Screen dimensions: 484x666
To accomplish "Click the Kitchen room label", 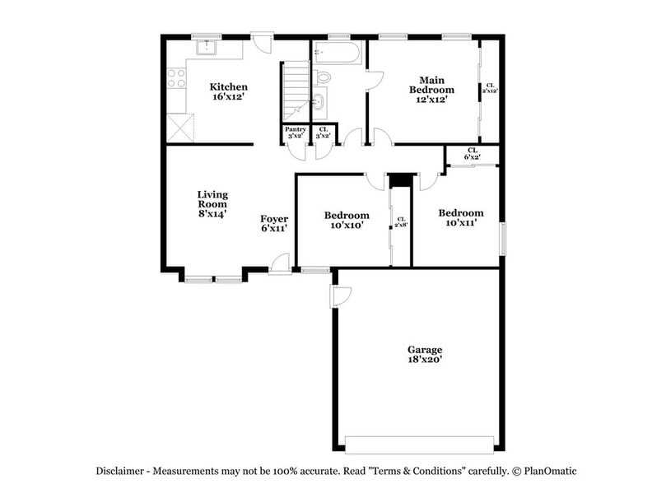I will click(228, 91).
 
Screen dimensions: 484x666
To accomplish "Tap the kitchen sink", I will click(205, 49).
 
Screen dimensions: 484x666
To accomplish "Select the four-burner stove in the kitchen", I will click(176, 78).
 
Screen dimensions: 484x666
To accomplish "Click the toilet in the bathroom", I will click(323, 77).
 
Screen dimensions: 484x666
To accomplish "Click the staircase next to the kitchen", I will click(296, 91).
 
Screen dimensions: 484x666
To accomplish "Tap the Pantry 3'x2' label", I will click(295, 133).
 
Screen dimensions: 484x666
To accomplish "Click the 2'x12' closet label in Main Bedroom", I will click(490, 88).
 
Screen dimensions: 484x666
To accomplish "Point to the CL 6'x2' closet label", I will click(472, 153).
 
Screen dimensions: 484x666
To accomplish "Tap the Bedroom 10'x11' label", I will click(460, 217).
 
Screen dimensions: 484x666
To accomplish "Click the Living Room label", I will click(212, 203).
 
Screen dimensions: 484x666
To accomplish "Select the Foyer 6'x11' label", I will click(274, 223).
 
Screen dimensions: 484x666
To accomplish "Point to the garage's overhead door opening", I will click(420, 444).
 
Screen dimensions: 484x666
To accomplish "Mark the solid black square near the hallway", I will click(400, 180).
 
